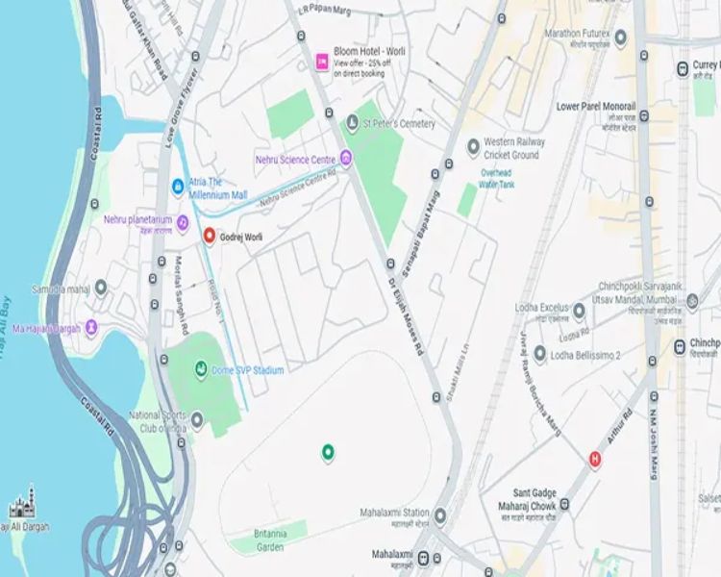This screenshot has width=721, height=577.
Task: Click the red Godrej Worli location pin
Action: point(209,236)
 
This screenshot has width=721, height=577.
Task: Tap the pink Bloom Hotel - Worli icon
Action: point(322,62)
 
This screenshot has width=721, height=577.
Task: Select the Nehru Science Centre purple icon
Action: point(346,158)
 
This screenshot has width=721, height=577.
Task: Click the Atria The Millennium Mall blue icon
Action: point(178,187)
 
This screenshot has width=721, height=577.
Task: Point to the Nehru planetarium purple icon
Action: point(182,223)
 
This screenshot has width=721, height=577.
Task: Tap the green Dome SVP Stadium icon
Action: point(201,368)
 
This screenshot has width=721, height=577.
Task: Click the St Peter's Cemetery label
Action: point(398,124)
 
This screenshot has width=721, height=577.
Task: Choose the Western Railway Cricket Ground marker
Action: point(473,147)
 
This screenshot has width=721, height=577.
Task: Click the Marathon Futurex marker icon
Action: point(621,38)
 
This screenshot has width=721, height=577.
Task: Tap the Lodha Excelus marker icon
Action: point(579,311)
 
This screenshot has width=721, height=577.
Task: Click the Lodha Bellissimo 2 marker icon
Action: point(540,355)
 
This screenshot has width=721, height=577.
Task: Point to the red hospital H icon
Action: point(595,459)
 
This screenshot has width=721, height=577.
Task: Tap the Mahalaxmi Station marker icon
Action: point(440,516)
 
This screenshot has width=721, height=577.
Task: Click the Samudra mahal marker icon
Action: point(100,288)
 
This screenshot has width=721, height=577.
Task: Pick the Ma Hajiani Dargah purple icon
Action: point(91,328)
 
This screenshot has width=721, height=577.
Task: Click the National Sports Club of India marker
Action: point(197,419)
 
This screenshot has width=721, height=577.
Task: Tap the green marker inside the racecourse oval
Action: point(327,450)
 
